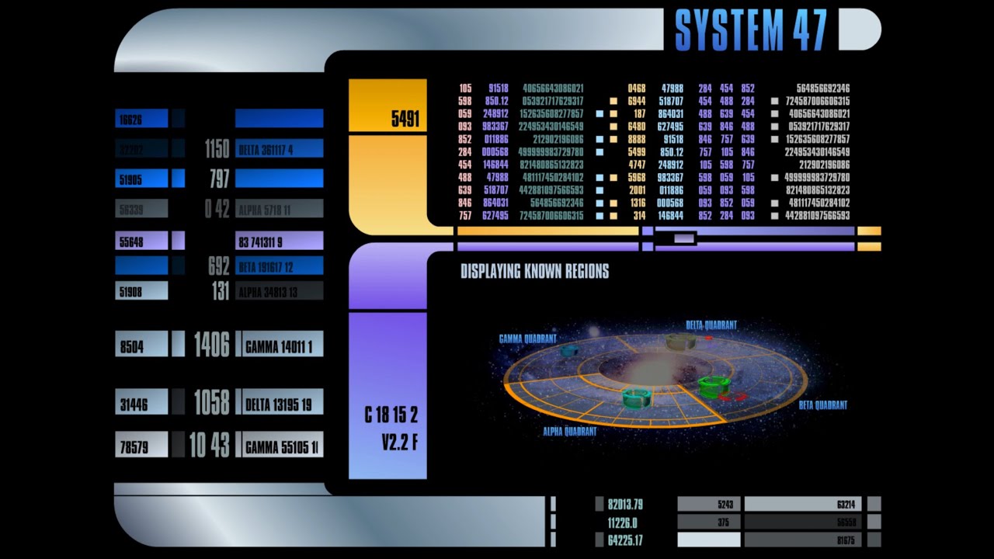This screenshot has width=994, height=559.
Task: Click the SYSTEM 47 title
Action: tap(750, 30)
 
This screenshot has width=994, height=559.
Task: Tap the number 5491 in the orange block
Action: tap(405, 119)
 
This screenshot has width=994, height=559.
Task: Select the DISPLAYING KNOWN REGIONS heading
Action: tap(534, 272)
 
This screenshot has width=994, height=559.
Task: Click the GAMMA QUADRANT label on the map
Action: tap(528, 339)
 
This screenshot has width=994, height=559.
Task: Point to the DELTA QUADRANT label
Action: tap(711, 325)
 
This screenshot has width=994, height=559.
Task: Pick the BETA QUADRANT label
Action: tap(822, 405)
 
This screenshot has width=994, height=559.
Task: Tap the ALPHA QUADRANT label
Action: tap(570, 432)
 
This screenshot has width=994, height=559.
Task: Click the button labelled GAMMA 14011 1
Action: tap(279, 347)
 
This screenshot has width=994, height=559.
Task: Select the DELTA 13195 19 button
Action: tap(279, 404)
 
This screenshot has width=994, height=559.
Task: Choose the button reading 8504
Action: tap(141, 347)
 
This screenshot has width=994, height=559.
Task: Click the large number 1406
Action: tap(211, 345)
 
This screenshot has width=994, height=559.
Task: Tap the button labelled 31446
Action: tap(141, 404)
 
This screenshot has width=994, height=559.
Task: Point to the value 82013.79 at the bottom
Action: tap(625, 505)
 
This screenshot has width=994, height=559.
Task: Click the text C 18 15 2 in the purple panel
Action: tap(391, 415)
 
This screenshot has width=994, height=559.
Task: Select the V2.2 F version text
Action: tap(399, 443)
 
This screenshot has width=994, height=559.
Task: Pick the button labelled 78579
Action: tap(141, 447)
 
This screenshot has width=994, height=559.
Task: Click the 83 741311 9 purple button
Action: tap(279, 242)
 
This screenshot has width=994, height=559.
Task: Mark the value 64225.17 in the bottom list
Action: tap(625, 540)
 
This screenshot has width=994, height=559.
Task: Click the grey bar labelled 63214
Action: tap(803, 504)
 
